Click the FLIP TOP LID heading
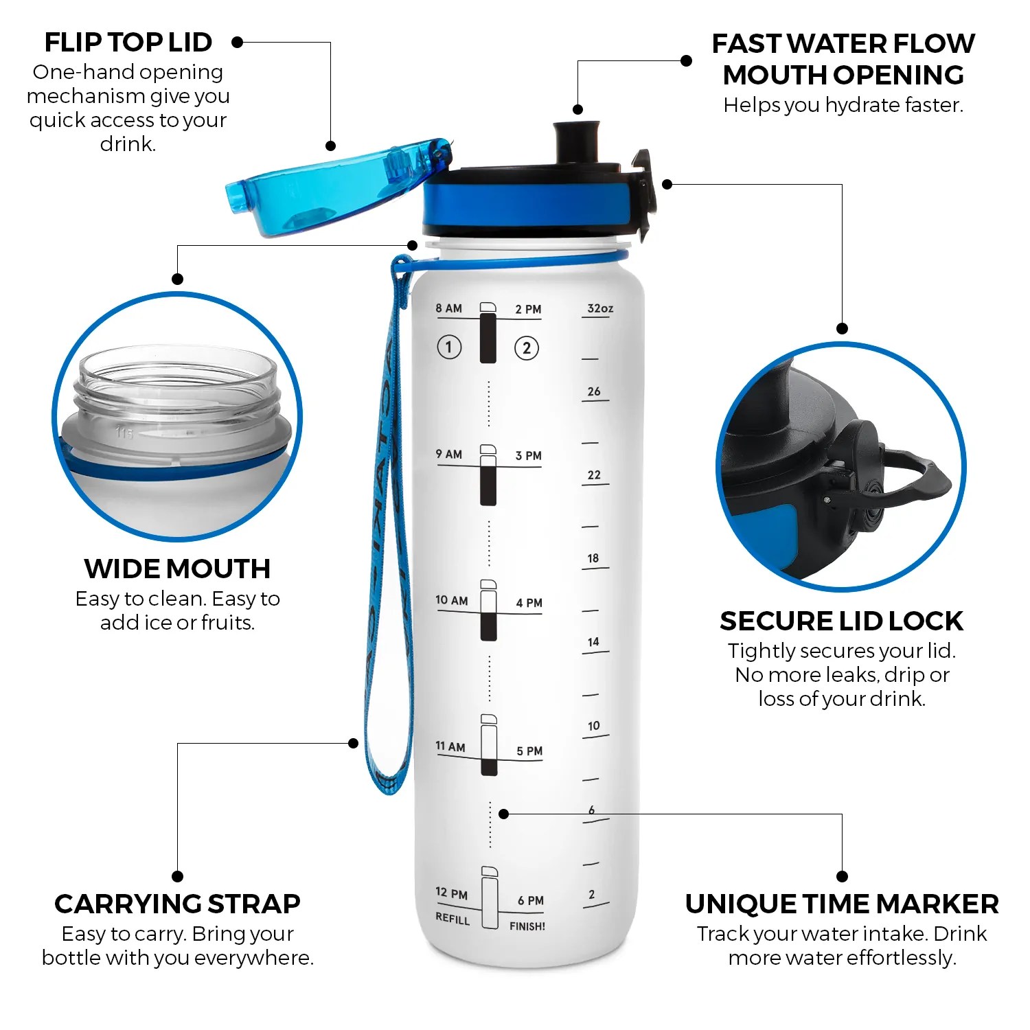pos(128,43)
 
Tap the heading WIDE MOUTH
pos(177,569)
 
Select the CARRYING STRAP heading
pos(177,904)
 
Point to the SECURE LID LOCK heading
pos(841,621)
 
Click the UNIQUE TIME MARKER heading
pos(842,904)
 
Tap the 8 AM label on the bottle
pos(448,308)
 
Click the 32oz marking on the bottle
pos(599,308)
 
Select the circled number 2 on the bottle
pos(527,348)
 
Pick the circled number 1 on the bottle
pos(449,347)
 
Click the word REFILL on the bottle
pos(453,919)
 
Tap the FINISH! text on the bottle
pos(527,926)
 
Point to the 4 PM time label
pos(529,603)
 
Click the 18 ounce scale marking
pos(593,558)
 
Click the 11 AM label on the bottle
pos(450,746)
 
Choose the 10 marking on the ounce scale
pos(594,726)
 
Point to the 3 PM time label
pos(528,455)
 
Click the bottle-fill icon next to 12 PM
pos(489,898)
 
